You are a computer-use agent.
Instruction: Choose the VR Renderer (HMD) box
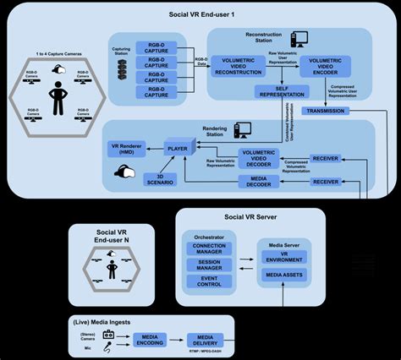pos(127,147)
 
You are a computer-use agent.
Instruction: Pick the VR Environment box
pos(286,258)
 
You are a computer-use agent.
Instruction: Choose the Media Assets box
pos(286,276)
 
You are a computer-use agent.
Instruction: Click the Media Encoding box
pos(151,340)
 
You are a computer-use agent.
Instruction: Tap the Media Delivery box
pos(204,340)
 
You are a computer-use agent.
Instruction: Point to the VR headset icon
pos(124,172)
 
